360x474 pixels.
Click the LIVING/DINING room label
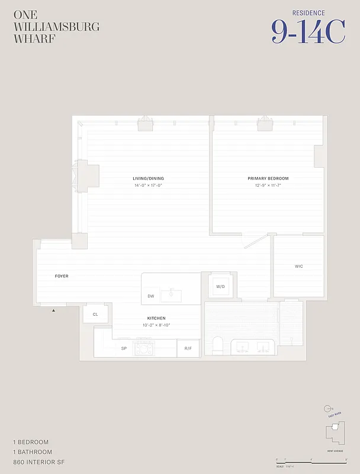[148, 178]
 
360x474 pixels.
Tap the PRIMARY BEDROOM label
[268, 178]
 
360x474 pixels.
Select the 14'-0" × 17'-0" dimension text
[148, 185]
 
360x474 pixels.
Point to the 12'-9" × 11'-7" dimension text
[268, 185]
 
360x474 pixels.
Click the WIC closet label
[298, 267]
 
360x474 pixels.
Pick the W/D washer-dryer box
[220, 287]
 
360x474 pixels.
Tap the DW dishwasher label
[151, 296]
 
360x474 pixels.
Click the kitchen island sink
[173, 293]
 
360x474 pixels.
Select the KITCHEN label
[156, 318]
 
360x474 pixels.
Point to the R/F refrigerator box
[188, 348]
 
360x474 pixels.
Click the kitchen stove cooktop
[144, 348]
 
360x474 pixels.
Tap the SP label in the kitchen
[124, 348]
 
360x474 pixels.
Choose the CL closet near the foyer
[95, 314]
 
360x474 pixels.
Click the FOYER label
[62, 276]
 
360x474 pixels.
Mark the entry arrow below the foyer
[54, 310]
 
